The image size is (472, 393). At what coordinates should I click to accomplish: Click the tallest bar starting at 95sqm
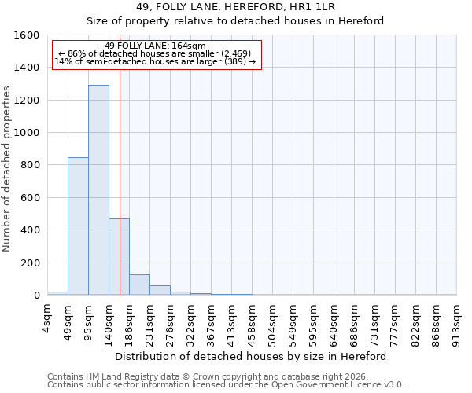[x=98, y=189]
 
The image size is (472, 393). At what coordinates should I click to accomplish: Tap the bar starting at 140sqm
[x=119, y=256]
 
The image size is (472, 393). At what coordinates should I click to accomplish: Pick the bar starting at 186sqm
[x=139, y=285]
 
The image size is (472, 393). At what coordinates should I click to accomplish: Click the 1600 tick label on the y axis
[x=27, y=35]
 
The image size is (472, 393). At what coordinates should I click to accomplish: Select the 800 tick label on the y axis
[x=30, y=165]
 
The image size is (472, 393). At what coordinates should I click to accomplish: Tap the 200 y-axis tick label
[x=30, y=263]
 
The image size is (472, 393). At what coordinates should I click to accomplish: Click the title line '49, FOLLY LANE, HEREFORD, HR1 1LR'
[x=235, y=6]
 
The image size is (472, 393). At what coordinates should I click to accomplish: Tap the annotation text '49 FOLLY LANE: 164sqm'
[x=155, y=46]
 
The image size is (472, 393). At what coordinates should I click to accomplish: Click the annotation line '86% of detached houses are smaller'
[x=155, y=53]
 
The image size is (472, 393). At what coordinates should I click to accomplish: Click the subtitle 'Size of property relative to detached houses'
[x=235, y=20]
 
